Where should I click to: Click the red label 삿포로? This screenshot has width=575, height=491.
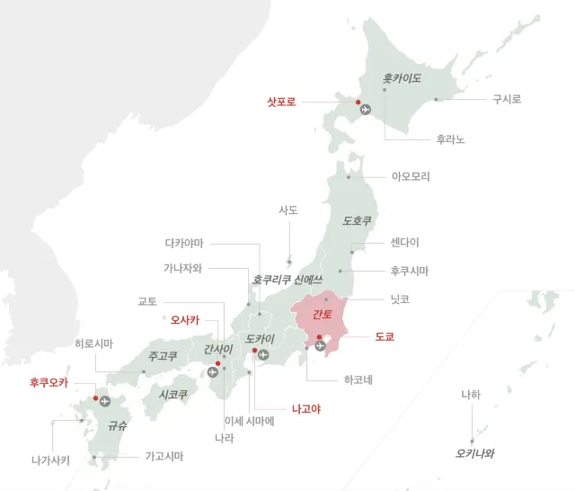(281, 103)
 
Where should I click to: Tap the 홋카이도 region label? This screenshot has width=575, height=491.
(402, 79)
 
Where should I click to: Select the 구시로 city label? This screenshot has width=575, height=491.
(507, 99)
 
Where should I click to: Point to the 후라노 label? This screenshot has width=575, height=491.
(450, 139)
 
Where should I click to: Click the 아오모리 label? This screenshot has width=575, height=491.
(411, 176)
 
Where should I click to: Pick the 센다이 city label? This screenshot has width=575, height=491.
(404, 243)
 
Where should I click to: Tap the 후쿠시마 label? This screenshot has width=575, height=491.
(410, 270)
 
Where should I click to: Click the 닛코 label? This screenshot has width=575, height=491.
(400, 299)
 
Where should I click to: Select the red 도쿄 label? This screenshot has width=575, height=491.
(385, 337)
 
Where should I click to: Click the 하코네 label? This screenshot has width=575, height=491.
(358, 379)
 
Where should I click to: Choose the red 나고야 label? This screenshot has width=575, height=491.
(306, 408)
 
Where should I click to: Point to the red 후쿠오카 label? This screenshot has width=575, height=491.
(49, 382)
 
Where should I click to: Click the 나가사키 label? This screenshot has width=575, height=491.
(50, 460)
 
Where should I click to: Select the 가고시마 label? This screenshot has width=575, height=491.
(164, 457)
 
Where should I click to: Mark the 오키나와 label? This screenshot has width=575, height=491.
(475, 453)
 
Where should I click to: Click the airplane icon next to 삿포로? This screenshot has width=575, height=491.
(365, 110)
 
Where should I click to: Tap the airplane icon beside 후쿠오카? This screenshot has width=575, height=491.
(107, 400)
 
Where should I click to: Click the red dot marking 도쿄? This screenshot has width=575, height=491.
(320, 338)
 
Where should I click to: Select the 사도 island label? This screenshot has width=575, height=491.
(288, 210)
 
